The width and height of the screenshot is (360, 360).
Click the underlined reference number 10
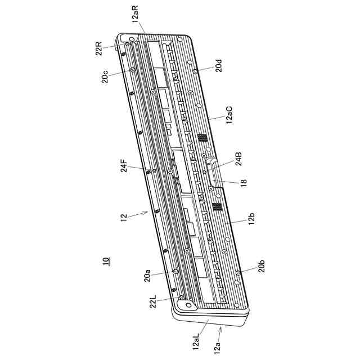point(106,261)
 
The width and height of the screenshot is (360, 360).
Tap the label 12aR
point(136,13)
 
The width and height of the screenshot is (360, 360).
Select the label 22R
point(99,48)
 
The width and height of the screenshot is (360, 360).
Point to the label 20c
point(105,76)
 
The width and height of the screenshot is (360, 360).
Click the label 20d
point(219,65)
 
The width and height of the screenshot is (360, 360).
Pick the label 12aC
point(229,115)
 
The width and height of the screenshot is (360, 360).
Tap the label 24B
point(238,159)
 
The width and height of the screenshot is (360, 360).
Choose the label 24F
point(124,165)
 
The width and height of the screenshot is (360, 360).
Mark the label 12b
point(251,219)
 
